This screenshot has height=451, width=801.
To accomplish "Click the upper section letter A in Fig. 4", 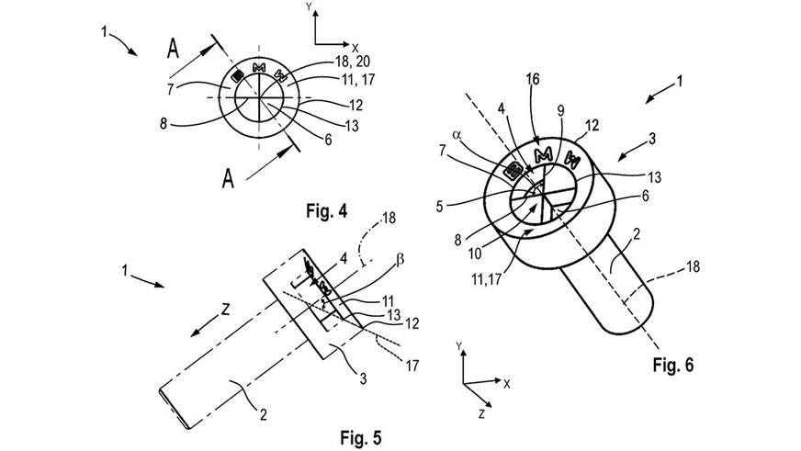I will pyautogui.click(x=174, y=52).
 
